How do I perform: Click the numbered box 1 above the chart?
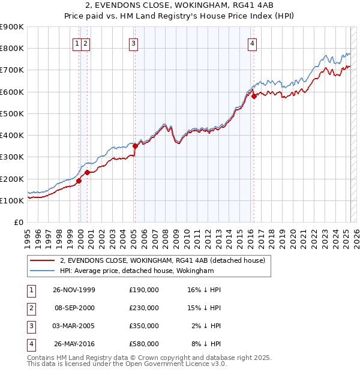78,43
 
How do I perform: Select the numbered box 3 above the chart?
133,43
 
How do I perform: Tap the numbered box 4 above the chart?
253,43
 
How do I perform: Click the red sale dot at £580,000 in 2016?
254,96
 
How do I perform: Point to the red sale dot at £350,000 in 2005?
135,146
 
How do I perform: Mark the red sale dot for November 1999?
79,181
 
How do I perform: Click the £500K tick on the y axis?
11,113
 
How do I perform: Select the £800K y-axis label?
11,48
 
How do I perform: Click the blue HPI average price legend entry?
137,271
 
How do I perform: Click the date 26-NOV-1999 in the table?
74,290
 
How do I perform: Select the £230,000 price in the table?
143,308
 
